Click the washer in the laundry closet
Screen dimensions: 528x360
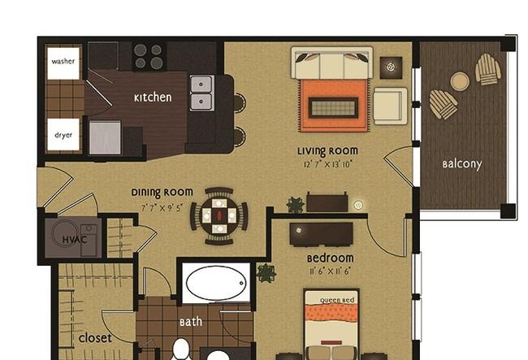click(63, 63)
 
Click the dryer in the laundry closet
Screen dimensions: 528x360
click(63, 134)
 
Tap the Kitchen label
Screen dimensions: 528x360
click(153, 98)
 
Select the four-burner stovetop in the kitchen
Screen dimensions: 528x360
click(149, 56)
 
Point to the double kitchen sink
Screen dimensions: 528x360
click(201, 93)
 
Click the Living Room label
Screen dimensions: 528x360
click(327, 151)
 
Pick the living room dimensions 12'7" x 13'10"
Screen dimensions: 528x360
click(327, 164)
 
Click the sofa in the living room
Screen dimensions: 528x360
click(331, 63)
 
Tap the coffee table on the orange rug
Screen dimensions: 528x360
click(333, 108)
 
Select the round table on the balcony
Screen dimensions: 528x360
click(460, 82)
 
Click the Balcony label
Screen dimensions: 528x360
click(462, 164)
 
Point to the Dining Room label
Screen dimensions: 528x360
click(162, 193)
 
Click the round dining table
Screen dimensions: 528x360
click(219, 215)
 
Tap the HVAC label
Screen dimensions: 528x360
click(75, 240)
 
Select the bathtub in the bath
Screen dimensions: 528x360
click(216, 283)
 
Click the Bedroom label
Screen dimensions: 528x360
click(330, 258)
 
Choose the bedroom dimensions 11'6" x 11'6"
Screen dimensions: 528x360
click(330, 271)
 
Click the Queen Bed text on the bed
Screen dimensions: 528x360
click(337, 301)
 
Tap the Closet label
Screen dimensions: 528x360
click(95, 338)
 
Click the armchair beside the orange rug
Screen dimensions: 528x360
click(390, 106)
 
